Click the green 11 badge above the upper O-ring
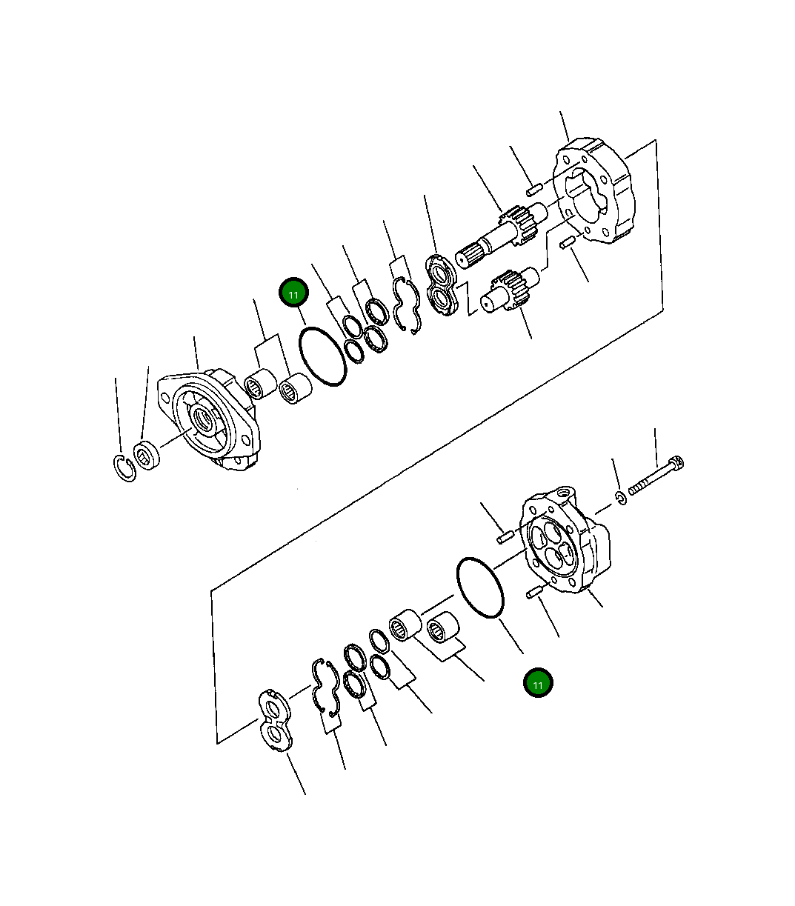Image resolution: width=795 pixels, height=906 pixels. pyautogui.click(x=293, y=294)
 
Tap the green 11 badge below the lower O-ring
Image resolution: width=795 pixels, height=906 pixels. pyautogui.click(x=538, y=684)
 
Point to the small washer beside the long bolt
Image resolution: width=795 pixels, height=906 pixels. pyautogui.click(x=621, y=497)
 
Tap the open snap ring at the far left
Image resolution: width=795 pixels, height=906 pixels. pyautogui.click(x=124, y=470)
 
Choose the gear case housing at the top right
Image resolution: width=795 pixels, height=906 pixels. pyautogui.click(x=596, y=190)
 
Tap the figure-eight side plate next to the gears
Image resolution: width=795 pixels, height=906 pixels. pyautogui.click(x=442, y=285)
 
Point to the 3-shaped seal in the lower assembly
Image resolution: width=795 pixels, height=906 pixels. pyautogui.click(x=325, y=685)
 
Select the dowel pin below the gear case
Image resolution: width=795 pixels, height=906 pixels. pyautogui.click(x=569, y=242)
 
